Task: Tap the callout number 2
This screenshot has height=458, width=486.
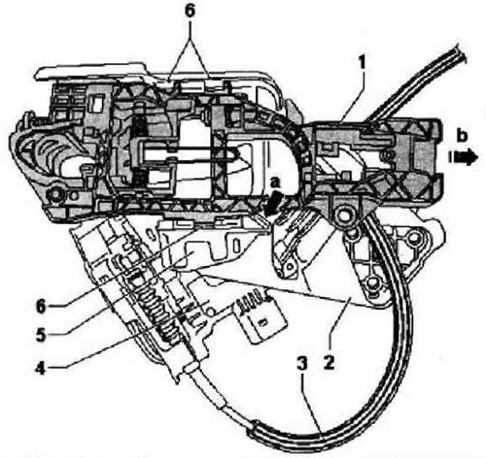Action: (x=329, y=363)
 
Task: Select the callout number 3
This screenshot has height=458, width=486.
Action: (x=302, y=364)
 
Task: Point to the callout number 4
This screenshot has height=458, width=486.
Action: (x=41, y=369)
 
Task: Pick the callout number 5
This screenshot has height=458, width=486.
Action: (x=41, y=336)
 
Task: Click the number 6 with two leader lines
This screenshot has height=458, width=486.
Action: (x=190, y=11)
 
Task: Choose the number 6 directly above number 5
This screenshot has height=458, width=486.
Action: (x=41, y=307)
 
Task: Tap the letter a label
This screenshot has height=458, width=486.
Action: (x=275, y=183)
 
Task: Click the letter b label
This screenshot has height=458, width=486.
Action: (x=462, y=136)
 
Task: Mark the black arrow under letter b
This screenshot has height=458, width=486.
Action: (x=464, y=157)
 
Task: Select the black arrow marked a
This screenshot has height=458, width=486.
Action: (x=271, y=203)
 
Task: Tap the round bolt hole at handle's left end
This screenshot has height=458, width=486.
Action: (x=57, y=195)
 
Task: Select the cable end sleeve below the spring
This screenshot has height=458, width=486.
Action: (x=191, y=368)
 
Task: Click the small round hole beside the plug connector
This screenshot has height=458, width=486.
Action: (x=211, y=311)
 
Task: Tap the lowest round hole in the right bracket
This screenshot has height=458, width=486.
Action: (x=373, y=283)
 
